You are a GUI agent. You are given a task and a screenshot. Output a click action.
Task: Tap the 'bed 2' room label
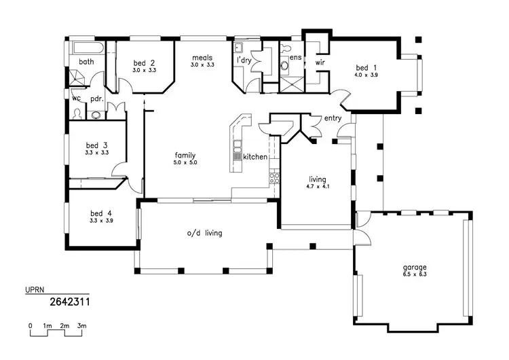pyautogui.click(x=144, y=62)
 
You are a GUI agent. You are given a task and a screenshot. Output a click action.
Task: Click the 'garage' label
pyautogui.click(x=415, y=267)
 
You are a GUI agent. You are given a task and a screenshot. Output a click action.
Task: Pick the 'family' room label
pyautogui.click(x=185, y=155)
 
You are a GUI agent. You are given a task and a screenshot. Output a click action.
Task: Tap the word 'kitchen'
pyautogui.click(x=256, y=157)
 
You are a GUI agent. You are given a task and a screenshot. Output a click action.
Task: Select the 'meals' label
pyautogui.click(x=204, y=57)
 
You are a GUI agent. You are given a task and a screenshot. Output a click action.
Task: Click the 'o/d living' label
pyautogui.click(x=204, y=233)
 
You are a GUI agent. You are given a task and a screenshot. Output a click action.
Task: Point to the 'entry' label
pyautogui.click(x=333, y=118)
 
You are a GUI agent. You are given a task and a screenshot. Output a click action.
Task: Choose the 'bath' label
pyautogui.click(x=86, y=62)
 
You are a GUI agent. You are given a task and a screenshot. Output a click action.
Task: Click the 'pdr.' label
pyautogui.click(x=96, y=98)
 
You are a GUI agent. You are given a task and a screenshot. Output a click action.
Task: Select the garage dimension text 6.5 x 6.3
pyautogui.click(x=415, y=275)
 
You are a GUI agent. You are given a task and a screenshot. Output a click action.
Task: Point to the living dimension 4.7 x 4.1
pyautogui.click(x=318, y=187)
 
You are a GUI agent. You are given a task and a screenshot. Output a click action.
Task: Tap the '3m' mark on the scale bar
pyautogui.click(x=82, y=327)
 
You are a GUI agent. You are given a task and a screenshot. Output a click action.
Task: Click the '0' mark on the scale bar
pyautogui.click(x=31, y=327)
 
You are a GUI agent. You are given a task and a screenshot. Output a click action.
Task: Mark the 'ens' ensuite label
pyautogui.click(x=295, y=58)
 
